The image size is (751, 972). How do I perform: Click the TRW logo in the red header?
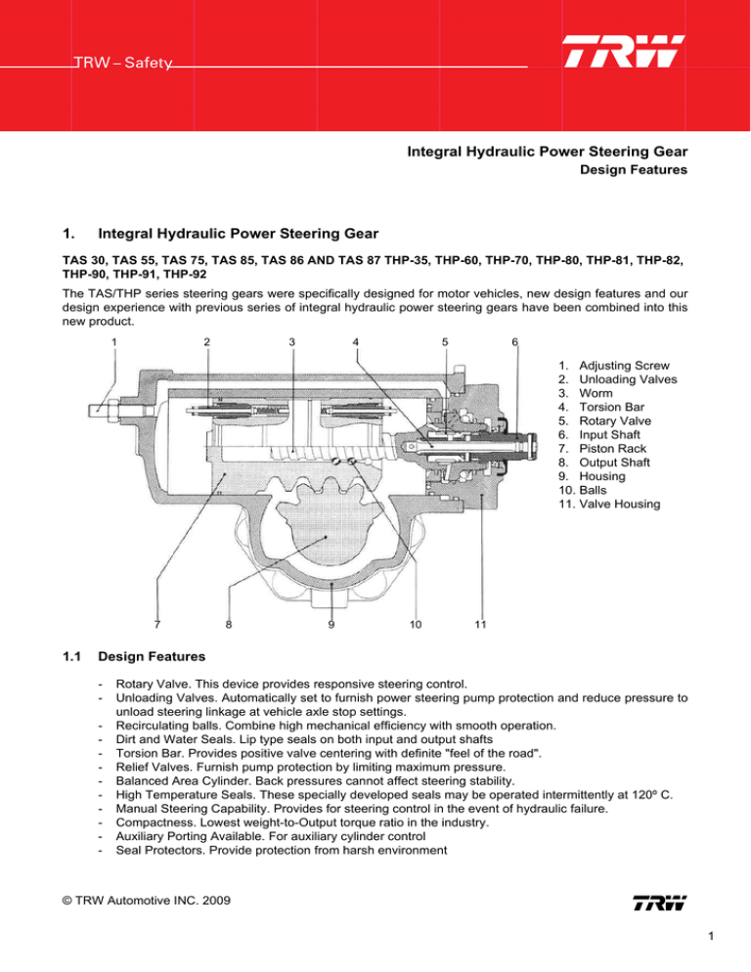624,53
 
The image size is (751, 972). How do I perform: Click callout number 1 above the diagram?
114,341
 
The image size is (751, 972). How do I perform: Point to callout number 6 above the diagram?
515,341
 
